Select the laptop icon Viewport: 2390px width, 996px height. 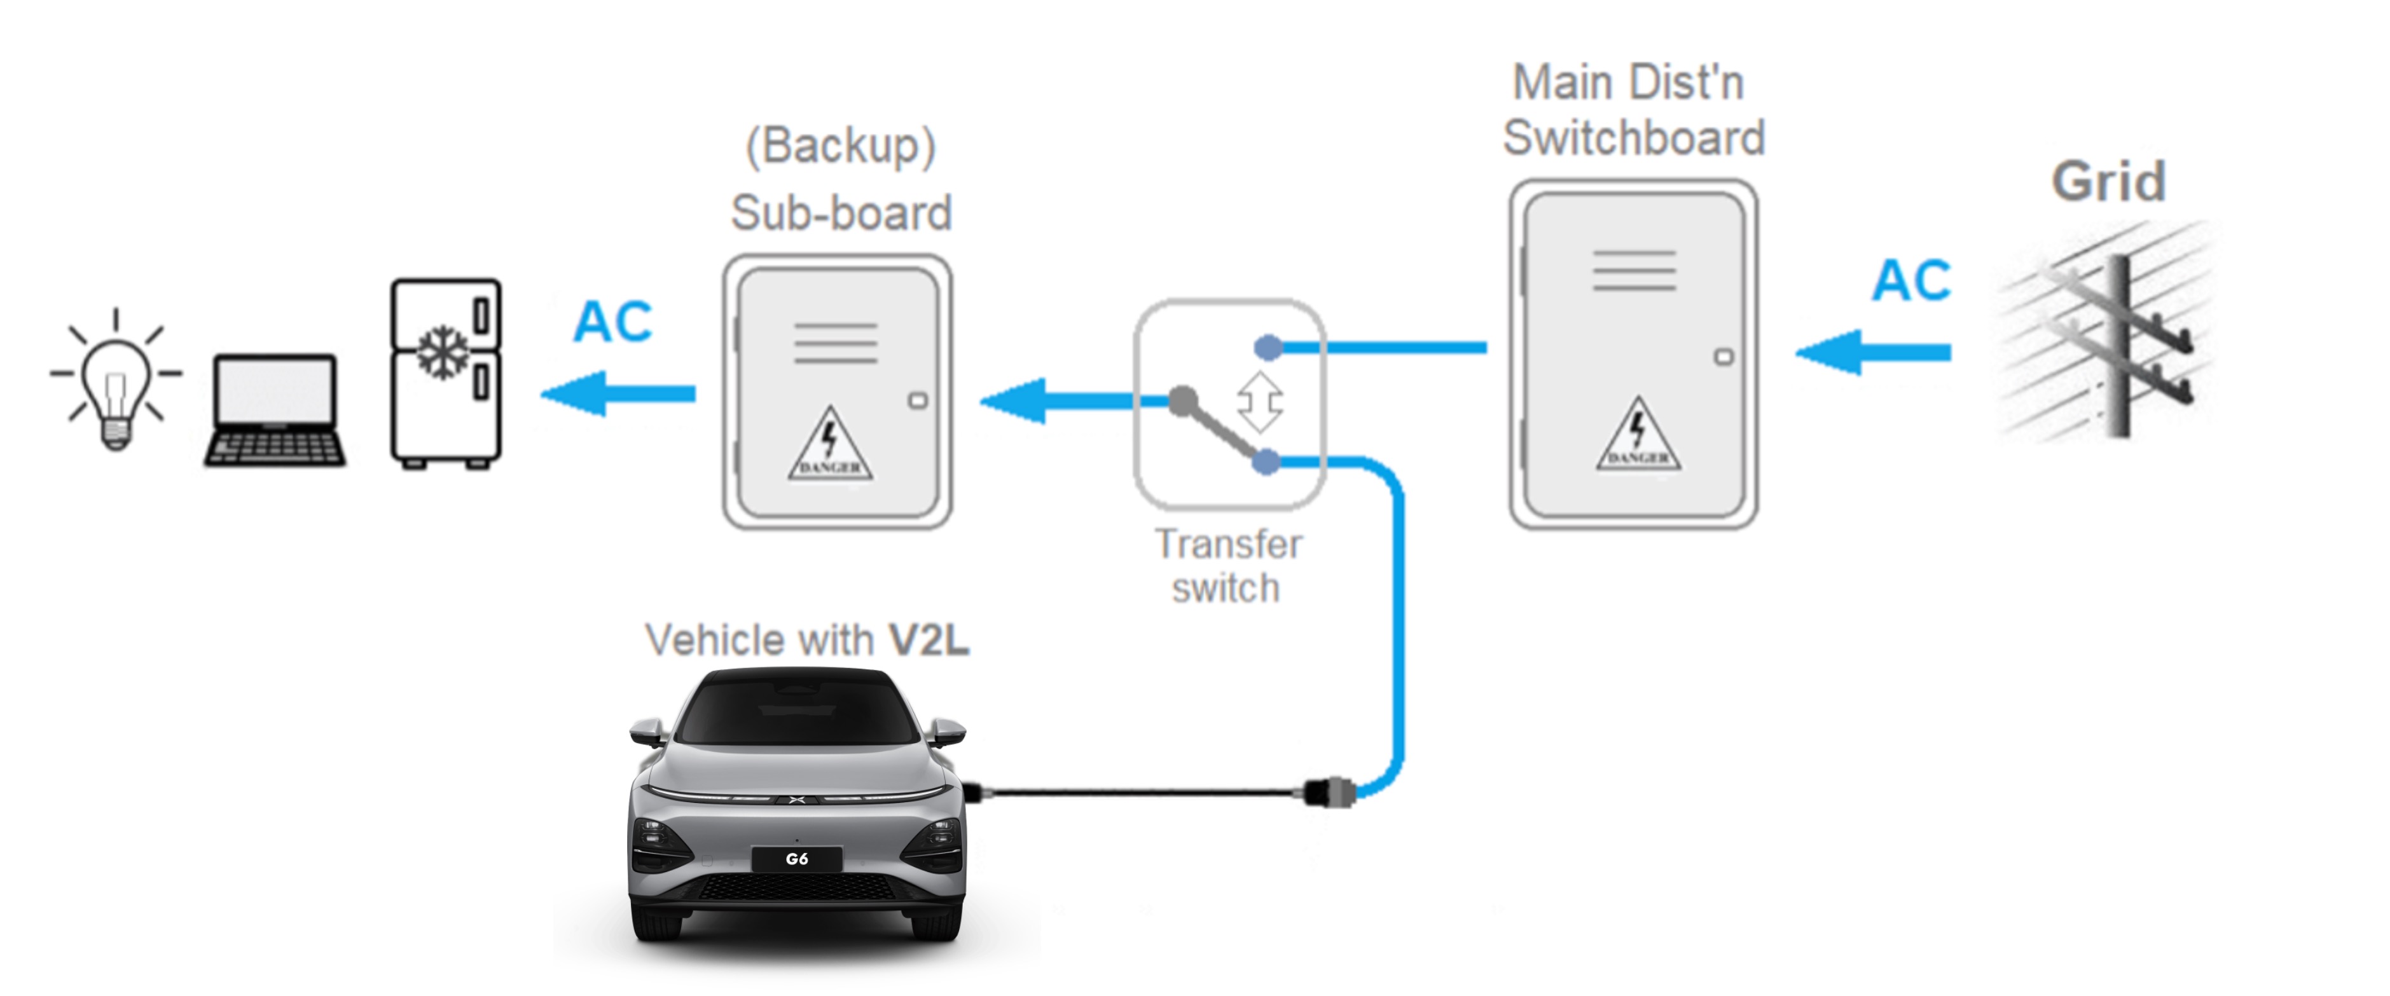point(275,409)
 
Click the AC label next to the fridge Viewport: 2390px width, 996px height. point(612,322)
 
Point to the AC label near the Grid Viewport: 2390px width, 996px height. point(1911,280)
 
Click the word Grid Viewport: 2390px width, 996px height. point(2108,181)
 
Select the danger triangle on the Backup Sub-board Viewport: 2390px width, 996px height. point(829,445)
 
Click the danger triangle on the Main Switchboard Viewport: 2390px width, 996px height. point(1638,436)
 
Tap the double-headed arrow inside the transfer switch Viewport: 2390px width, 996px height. point(1260,402)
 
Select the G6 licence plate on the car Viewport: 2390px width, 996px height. point(796,859)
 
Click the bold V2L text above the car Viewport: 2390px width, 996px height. point(929,640)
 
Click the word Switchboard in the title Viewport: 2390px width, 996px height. point(1633,138)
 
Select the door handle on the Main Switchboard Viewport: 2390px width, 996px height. point(1723,357)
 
